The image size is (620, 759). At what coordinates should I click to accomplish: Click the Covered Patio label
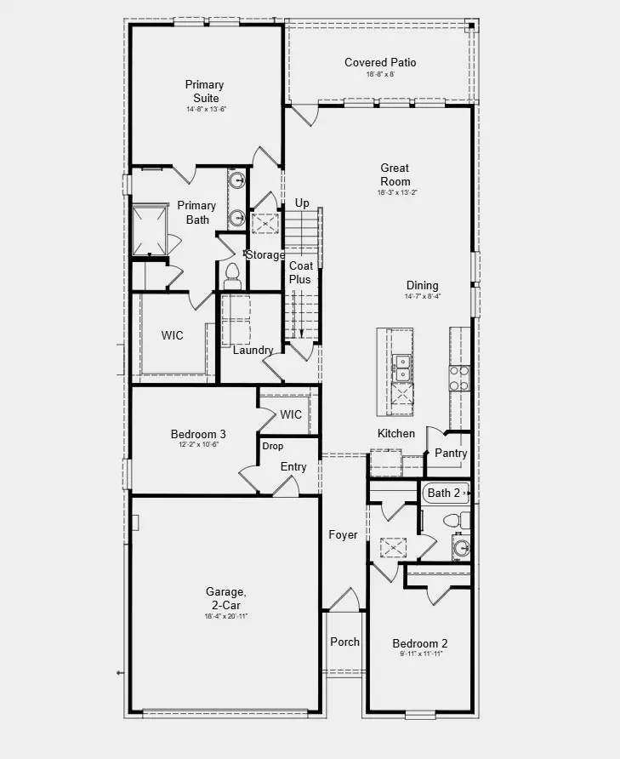pos(380,63)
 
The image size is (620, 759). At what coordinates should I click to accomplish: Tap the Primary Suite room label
pos(204,91)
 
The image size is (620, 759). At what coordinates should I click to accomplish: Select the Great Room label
pos(395,174)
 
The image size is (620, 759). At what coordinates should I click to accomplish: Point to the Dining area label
pos(422,286)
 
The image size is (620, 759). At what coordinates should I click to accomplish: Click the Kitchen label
pos(396,434)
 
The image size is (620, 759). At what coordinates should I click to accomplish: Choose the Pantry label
pos(451,454)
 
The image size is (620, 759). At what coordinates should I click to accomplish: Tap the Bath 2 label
pos(444,493)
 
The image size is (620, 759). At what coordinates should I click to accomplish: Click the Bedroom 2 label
pos(419,643)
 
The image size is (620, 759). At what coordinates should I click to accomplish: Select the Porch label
pos(344,642)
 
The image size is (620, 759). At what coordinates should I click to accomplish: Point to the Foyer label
pos(344,535)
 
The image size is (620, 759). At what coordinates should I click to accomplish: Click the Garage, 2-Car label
pos(225,597)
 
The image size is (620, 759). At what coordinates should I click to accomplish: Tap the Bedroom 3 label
pos(198,434)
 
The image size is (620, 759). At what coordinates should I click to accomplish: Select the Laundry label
pos(253,351)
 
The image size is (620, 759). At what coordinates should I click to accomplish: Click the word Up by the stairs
pos(302,203)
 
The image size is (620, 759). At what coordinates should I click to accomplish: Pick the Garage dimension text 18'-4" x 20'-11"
pos(225,616)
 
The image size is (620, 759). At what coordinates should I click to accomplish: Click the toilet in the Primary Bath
pos(232,274)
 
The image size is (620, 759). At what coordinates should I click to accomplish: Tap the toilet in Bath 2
pos(452,520)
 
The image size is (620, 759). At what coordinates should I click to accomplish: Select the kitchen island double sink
pos(401,368)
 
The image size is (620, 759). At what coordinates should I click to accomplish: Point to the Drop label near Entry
pos(273,446)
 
